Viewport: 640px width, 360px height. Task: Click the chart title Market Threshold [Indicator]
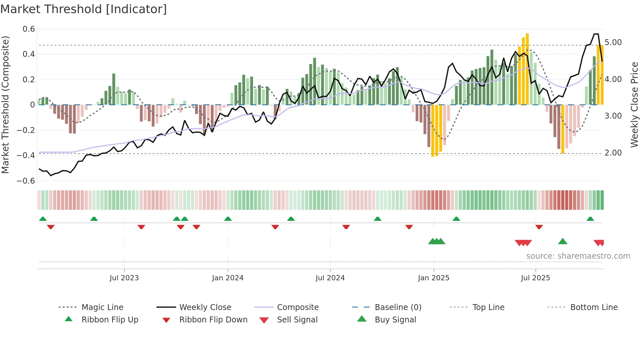(84, 9)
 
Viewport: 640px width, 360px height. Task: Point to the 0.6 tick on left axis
(29, 29)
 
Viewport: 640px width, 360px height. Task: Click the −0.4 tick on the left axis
(26, 155)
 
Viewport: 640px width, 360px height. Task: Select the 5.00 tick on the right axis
(613, 42)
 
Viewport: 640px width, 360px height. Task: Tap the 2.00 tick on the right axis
(613, 153)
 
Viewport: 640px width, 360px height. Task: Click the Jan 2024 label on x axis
(228, 278)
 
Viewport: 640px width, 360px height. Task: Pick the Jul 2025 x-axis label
(535, 278)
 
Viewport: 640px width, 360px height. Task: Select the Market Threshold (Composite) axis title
(5, 105)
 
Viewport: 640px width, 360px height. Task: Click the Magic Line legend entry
(102, 307)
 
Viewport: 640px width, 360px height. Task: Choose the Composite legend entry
(297, 307)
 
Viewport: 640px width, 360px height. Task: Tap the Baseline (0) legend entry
(398, 307)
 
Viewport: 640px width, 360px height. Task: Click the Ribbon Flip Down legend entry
(213, 320)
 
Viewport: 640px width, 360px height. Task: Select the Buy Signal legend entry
(395, 320)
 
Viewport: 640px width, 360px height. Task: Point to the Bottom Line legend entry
(594, 307)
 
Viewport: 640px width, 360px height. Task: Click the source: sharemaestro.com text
(578, 256)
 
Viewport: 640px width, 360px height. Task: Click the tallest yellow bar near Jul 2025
(527, 69)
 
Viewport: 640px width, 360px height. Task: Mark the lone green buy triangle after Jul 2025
(563, 242)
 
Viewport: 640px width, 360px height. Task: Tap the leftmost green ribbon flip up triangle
(43, 219)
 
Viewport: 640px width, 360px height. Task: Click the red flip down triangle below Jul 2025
(539, 227)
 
